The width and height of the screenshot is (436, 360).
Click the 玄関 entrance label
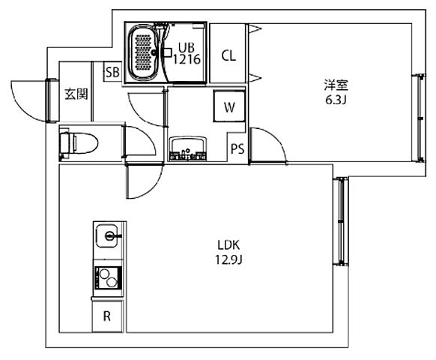click(x=76, y=94)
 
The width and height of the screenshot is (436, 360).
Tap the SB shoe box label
click(x=112, y=73)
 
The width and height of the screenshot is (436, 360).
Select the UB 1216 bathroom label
click(x=187, y=53)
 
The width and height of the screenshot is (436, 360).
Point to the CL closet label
click(x=228, y=55)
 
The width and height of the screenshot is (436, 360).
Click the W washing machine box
click(x=228, y=106)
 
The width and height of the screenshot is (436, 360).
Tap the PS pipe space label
click(x=237, y=148)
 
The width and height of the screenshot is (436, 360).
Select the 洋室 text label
click(x=336, y=85)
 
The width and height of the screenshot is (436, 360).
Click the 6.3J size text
click(x=336, y=100)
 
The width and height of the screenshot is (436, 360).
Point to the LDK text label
click(x=228, y=245)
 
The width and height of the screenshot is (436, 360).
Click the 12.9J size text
click(x=228, y=259)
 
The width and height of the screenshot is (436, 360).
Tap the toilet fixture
click(x=79, y=142)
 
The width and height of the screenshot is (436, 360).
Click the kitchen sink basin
click(x=107, y=235)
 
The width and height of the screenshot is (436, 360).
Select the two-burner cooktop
click(x=108, y=277)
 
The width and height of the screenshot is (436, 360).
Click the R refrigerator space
click(x=107, y=316)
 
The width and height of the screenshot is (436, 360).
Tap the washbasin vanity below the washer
click(x=188, y=148)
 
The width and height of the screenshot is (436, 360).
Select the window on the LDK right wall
click(x=341, y=221)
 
